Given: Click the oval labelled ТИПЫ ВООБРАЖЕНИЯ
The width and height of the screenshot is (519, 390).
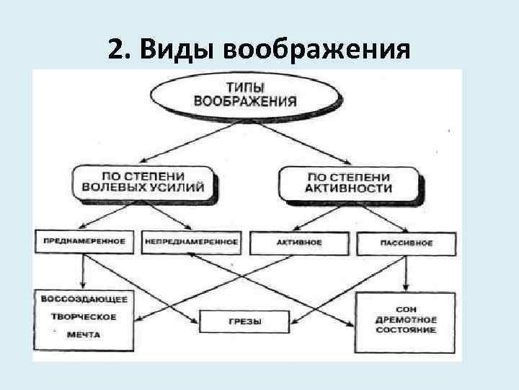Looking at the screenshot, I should click(x=236, y=93).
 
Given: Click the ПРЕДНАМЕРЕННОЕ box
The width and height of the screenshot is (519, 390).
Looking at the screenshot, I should click(x=84, y=242).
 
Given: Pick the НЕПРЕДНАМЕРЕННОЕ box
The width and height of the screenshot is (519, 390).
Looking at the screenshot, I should click(x=191, y=242).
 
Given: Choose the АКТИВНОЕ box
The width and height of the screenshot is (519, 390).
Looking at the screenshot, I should click(x=298, y=243).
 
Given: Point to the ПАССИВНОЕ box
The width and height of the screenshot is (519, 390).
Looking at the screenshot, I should click(x=407, y=243).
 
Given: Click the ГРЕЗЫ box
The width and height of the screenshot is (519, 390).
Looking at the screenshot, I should click(x=244, y=321).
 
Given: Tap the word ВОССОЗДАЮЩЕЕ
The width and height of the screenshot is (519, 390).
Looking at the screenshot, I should click(x=85, y=298).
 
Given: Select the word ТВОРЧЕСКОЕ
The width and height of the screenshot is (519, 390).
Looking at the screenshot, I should click(x=84, y=316).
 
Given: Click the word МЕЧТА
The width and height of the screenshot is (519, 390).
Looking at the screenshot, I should click(x=85, y=334).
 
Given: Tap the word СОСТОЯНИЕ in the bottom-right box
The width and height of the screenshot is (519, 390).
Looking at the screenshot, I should click(x=406, y=330).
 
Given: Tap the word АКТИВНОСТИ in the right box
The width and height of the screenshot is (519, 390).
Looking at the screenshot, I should click(x=350, y=188).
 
